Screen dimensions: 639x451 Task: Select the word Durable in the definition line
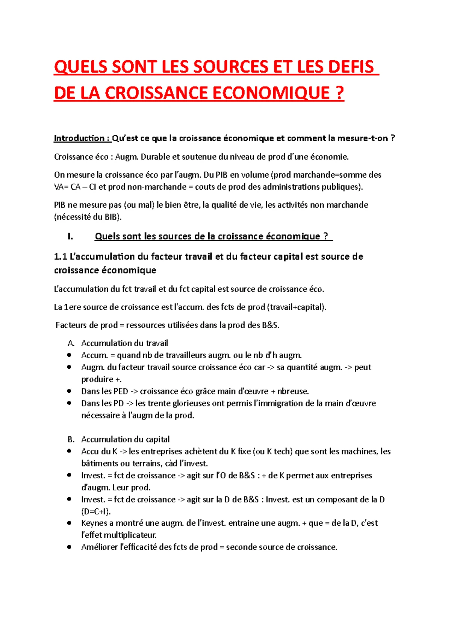coord(155,157)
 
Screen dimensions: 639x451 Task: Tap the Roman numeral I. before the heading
coord(70,236)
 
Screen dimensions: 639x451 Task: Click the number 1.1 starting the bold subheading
coord(60,257)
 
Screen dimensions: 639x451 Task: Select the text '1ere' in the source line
coord(73,307)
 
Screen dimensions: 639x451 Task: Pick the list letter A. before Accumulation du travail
coord(71,343)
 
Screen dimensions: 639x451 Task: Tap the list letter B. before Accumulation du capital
coord(71,440)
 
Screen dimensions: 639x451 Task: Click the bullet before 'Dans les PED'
coord(69,391)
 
